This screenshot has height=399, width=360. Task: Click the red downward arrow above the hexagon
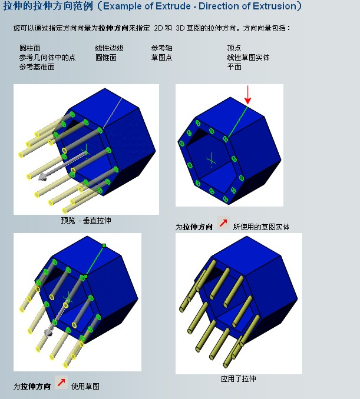[247, 95]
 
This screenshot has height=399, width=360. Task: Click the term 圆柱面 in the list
[30, 48]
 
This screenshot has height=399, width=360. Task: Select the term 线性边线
[110, 48]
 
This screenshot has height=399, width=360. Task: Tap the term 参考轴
[162, 48]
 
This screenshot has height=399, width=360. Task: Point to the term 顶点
[234, 48]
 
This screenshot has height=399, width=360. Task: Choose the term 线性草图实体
[248, 58]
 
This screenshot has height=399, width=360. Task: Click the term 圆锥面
[106, 58]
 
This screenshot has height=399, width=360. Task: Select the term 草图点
[162, 58]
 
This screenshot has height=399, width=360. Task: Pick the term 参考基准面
[37, 67]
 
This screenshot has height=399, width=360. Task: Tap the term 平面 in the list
[234, 67]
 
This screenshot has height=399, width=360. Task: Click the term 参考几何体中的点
[47, 58]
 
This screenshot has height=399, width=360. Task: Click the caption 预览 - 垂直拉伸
[86, 220]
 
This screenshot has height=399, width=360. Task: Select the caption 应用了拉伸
[239, 379]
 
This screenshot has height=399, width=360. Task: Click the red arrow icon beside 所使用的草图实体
[223, 223]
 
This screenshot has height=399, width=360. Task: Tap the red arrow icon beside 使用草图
[61, 382]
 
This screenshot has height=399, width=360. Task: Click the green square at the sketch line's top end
[104, 245]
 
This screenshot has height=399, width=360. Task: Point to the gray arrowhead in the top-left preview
[42, 177]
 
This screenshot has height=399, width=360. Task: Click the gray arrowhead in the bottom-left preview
[48, 332]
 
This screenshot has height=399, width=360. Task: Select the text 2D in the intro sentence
[158, 28]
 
